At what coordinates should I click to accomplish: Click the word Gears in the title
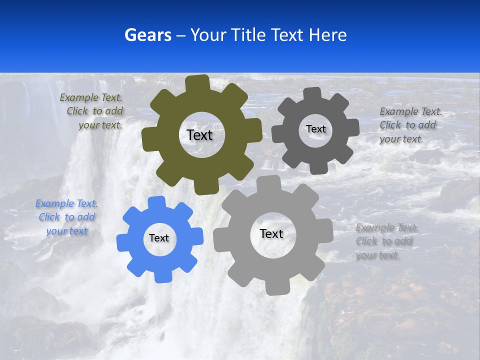click(147, 35)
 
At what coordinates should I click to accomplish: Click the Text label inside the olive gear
click(199, 135)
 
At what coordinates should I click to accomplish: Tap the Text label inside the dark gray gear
click(315, 129)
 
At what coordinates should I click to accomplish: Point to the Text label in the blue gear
click(159, 238)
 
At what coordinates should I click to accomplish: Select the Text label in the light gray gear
click(271, 233)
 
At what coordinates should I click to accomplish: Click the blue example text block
click(66, 217)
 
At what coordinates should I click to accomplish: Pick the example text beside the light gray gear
click(385, 241)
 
